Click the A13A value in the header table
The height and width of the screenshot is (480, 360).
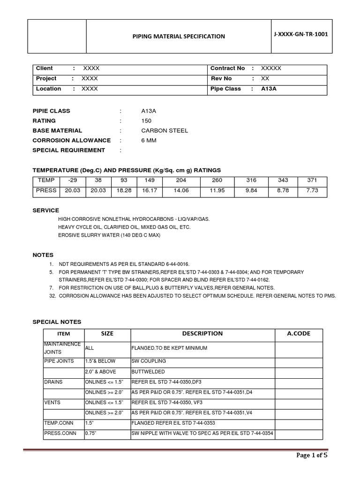[x=269, y=89]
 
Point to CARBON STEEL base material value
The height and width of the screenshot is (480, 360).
[x=158, y=130]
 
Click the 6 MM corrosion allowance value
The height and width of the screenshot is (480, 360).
[x=149, y=140]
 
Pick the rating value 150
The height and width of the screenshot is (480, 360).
[x=146, y=121]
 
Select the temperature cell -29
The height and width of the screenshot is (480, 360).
[x=72, y=180]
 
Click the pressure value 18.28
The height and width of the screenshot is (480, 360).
[x=124, y=190]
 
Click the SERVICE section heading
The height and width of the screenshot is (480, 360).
[x=45, y=210]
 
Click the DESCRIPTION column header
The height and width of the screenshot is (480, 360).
[x=202, y=333]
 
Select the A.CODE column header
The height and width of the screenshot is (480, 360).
[x=299, y=333]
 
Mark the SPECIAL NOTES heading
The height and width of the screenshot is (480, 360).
[x=57, y=322]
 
